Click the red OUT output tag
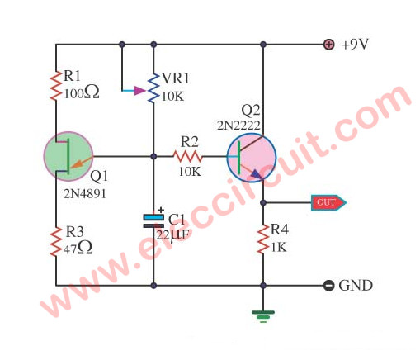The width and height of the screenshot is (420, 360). [328, 202]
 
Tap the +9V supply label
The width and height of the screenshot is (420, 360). [355, 45]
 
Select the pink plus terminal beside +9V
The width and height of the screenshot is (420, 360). [329, 45]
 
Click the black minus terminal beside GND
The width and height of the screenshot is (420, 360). [328, 286]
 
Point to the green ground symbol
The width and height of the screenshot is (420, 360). [263, 316]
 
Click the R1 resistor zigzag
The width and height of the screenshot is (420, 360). [56, 85]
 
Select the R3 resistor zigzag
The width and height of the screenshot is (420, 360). [56, 242]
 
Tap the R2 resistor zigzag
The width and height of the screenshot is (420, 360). [188, 156]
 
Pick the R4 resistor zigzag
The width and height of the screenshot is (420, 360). [263, 239]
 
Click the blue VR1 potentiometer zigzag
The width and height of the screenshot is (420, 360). [153, 88]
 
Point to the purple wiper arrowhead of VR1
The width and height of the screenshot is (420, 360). [139, 90]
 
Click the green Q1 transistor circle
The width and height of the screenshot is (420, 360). [68, 156]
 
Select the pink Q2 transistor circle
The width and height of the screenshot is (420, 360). [252, 158]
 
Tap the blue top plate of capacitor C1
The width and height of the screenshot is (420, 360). [153, 217]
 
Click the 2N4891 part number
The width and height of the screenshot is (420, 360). [85, 194]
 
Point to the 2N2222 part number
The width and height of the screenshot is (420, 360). [238, 126]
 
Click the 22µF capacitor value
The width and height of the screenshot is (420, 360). [172, 236]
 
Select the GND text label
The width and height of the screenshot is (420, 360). [356, 286]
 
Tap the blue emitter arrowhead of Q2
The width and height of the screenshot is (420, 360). [257, 174]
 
